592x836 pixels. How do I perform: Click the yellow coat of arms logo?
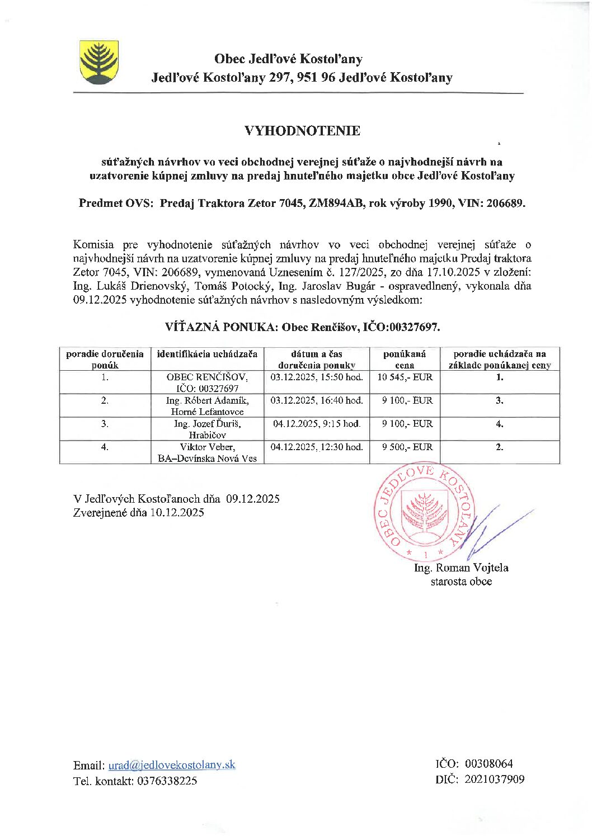pyautogui.click(x=98, y=62)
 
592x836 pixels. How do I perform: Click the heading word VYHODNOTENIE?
pyautogui.click(x=302, y=131)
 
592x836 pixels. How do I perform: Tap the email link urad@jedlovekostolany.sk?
pyautogui.click(x=172, y=765)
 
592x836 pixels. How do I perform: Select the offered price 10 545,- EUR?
pyautogui.click(x=405, y=377)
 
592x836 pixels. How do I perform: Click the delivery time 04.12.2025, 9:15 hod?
pyautogui.click(x=317, y=424)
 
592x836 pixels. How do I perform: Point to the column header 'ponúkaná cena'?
pyautogui.click(x=405, y=359)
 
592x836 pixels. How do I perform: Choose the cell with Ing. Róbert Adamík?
pyautogui.click(x=207, y=406)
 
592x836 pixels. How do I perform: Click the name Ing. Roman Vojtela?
pyautogui.click(x=461, y=568)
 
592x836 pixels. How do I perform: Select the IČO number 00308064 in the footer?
pyautogui.click(x=488, y=764)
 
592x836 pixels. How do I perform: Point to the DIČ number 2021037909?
pyautogui.click(x=494, y=779)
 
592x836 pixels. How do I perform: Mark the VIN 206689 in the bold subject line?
pyautogui.click(x=505, y=203)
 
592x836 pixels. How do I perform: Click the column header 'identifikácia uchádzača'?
pyautogui.click(x=207, y=354)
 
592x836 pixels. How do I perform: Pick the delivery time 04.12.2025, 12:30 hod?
pyautogui.click(x=317, y=447)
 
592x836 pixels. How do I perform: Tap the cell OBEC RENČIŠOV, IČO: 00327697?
pyautogui.click(x=207, y=382)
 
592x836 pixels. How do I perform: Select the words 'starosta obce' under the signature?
pyautogui.click(x=461, y=582)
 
